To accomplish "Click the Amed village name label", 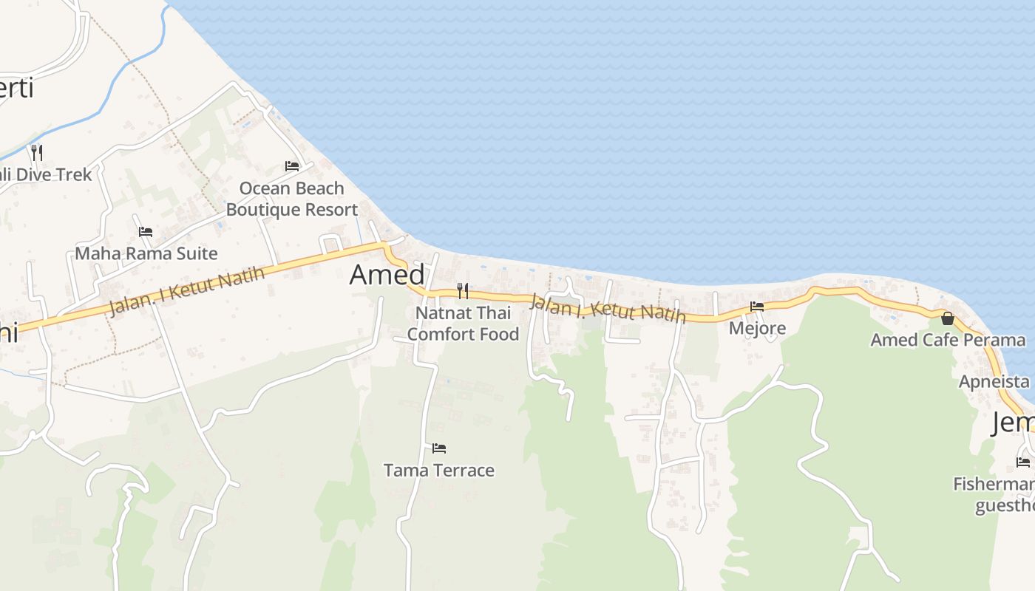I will [x=387, y=275].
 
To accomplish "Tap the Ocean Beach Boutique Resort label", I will [x=292, y=199].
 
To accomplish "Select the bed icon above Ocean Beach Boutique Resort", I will [x=292, y=165].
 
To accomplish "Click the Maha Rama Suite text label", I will [x=146, y=253].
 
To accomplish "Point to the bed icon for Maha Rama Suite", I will [x=146, y=232].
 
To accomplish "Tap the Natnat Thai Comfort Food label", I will [x=463, y=324].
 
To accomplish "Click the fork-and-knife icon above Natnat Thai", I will [x=463, y=290].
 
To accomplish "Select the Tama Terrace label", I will [x=439, y=470].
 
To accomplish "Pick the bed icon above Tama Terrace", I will [x=439, y=448].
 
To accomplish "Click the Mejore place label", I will [x=757, y=327].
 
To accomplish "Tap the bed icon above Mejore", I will [x=757, y=306].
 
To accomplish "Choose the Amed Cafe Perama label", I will [x=948, y=340].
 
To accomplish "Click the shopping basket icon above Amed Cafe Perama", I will [x=948, y=318].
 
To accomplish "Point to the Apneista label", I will [x=994, y=382].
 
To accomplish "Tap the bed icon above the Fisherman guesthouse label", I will [x=1023, y=462].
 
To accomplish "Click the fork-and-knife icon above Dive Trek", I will [x=36, y=153].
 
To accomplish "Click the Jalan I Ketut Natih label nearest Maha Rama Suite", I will [x=186, y=291].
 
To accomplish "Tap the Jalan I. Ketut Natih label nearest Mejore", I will [x=608, y=308].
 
